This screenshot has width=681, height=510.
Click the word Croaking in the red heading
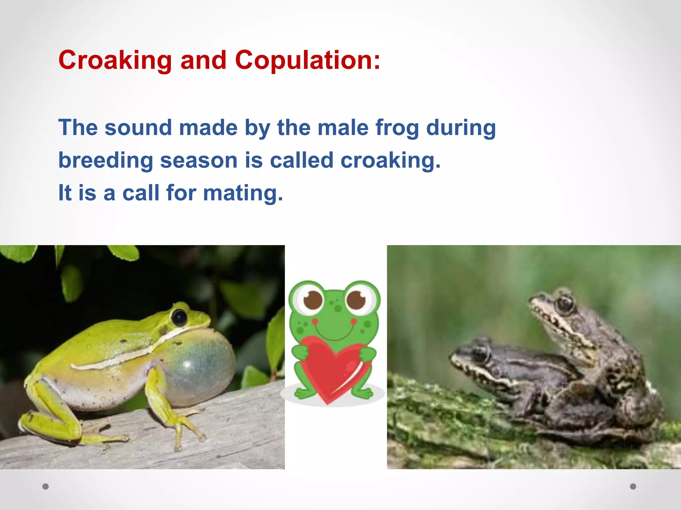(x=115, y=60)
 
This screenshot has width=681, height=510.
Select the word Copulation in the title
(x=307, y=60)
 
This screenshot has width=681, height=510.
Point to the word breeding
(x=106, y=160)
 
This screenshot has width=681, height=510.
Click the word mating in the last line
(x=243, y=193)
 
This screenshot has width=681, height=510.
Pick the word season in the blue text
(x=199, y=160)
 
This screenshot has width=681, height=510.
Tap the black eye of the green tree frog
(x=179, y=317)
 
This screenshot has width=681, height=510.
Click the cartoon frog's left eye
(x=313, y=299)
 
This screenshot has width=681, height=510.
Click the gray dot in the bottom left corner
(x=46, y=486)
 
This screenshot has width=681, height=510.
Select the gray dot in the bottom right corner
(x=633, y=486)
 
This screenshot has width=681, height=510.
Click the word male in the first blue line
(x=343, y=128)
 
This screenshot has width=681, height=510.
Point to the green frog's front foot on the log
(x=186, y=428)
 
